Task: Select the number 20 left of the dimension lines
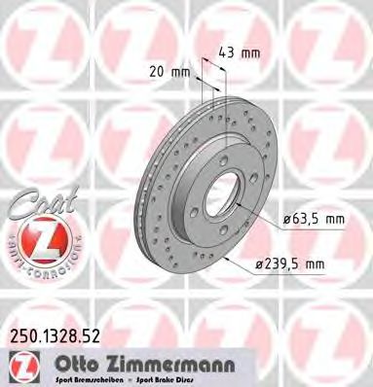coord(159,71)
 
